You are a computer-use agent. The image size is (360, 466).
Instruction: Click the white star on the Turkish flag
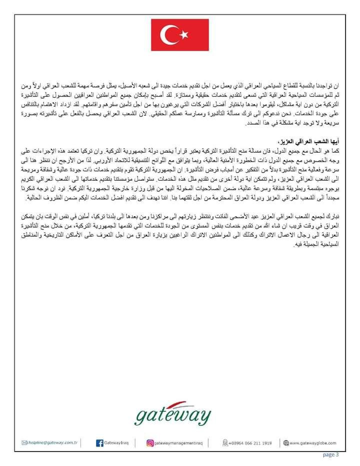pyautogui.click(x=183, y=34)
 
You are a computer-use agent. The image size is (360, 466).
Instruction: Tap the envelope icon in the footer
pyautogui.click(x=24, y=442)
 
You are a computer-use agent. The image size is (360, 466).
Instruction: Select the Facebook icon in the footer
pyautogui.click(x=99, y=442)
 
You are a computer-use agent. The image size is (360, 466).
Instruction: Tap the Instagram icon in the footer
pyautogui.click(x=149, y=442)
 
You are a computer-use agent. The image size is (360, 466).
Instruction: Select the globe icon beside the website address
pyautogui.click(x=286, y=442)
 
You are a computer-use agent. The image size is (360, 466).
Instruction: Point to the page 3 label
pyautogui.click(x=331, y=454)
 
